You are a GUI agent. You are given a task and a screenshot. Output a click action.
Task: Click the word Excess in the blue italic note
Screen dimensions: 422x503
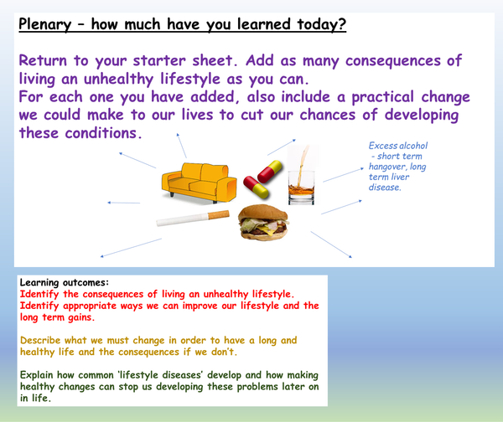(384, 146)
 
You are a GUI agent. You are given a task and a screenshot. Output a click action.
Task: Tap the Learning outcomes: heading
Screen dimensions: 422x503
(65, 282)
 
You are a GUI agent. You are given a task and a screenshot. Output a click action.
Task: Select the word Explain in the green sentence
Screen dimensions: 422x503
(41, 375)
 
